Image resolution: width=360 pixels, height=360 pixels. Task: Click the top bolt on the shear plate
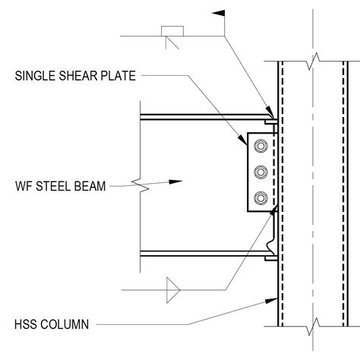pos(261,146)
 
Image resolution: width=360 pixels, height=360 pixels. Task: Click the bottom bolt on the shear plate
pos(261,198)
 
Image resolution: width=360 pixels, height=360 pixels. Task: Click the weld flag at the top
pos(219,16)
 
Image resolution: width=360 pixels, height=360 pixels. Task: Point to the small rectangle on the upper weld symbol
pos(172,30)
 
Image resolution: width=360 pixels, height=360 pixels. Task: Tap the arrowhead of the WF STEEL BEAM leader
pos(177,182)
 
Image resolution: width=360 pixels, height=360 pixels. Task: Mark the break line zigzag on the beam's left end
pos(139,183)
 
